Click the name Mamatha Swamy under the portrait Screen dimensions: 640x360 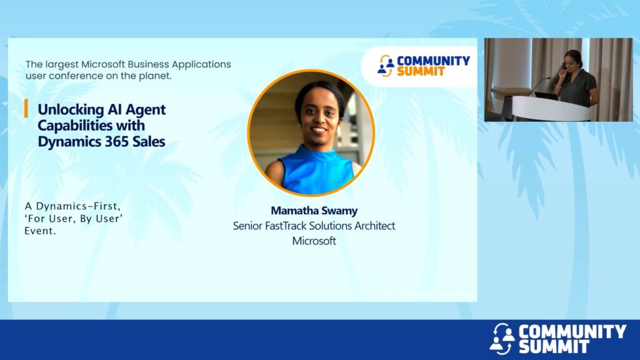[x=314, y=211]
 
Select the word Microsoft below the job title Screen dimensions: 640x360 [x=314, y=241]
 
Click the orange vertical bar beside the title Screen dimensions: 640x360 [x=26, y=108]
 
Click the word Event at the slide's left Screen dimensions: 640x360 [x=40, y=231]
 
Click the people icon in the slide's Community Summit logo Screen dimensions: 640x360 [x=386, y=66]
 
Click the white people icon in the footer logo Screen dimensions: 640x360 [x=502, y=338]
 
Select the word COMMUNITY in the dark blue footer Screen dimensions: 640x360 [x=572, y=331]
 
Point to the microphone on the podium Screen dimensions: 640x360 [x=539, y=86]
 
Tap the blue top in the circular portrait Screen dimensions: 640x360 [x=317, y=171]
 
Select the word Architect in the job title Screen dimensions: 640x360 [x=374, y=226]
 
